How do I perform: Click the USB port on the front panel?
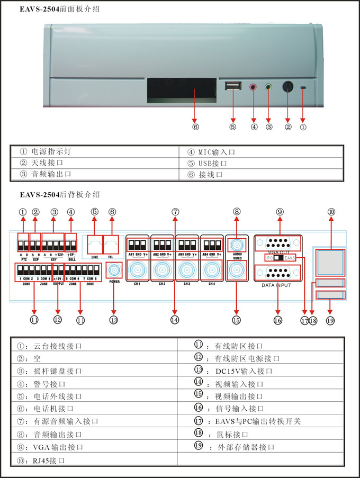[232, 86]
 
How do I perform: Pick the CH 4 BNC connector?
[212, 270]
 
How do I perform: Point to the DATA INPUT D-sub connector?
[280, 273]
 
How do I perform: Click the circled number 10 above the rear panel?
[331, 212]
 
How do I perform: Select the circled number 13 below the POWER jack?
[114, 319]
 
